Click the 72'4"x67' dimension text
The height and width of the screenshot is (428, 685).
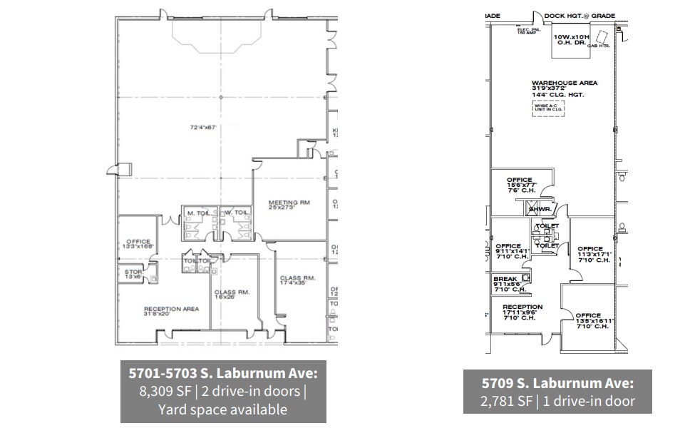point(202,128)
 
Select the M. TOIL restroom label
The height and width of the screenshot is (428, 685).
point(196,213)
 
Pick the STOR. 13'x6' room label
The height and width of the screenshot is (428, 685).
point(133,273)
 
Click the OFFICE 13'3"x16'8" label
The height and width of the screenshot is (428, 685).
point(138,245)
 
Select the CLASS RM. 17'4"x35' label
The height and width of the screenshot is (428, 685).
point(297,280)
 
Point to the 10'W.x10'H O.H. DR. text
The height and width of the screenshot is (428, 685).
point(570,39)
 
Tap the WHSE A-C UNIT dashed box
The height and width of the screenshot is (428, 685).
point(547,108)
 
